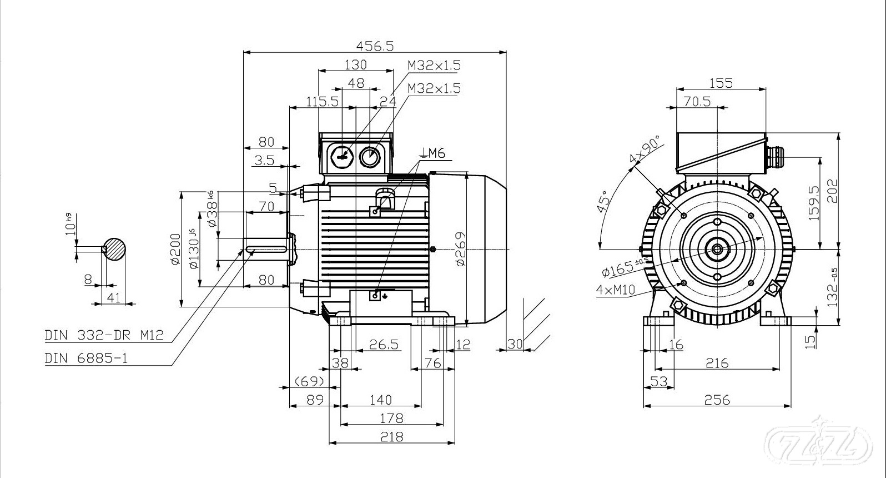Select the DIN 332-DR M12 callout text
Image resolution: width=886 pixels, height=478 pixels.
pyautogui.click(x=104, y=335)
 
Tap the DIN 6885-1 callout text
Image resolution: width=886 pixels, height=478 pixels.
pyautogui.click(x=86, y=358)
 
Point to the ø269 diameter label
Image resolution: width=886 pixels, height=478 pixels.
pyautogui.click(x=460, y=248)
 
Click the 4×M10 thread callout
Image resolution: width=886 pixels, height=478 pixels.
pyautogui.click(x=615, y=289)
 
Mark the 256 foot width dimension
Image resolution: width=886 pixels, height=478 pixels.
pyautogui.click(x=717, y=399)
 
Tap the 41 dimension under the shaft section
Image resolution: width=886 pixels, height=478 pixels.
pyautogui.click(x=113, y=297)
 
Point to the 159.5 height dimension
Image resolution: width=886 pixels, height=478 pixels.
pyautogui.click(x=814, y=203)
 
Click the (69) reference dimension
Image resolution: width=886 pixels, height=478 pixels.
pyautogui.click(x=309, y=381)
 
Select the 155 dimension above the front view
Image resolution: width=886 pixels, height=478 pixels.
pyautogui.click(x=721, y=83)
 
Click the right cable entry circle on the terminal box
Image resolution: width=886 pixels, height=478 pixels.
pyautogui.click(x=370, y=157)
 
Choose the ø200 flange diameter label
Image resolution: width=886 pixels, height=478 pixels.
pyautogui.click(x=176, y=248)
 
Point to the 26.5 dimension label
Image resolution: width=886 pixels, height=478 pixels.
pyautogui.click(x=384, y=345)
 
